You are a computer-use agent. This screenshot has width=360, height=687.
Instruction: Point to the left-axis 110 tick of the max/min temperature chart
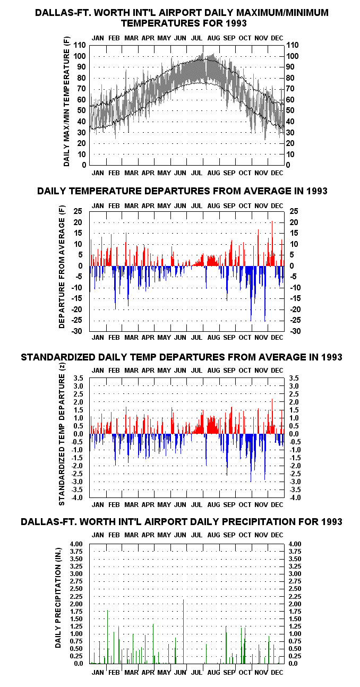[x=80, y=45]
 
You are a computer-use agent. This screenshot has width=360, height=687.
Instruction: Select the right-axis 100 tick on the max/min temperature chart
[x=293, y=56]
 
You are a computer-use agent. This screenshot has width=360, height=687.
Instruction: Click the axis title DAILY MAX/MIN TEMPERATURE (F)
[x=66, y=101]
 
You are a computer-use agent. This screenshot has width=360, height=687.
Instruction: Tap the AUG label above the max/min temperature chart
[x=214, y=38]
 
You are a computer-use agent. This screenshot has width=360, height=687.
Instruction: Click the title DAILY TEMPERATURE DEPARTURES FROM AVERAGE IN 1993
[x=182, y=191]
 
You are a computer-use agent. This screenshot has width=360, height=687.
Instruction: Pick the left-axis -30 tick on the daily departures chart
[x=77, y=331]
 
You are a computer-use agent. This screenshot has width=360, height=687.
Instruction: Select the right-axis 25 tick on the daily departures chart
[x=294, y=211]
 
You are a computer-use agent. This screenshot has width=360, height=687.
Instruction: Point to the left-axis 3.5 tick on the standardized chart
[x=78, y=378]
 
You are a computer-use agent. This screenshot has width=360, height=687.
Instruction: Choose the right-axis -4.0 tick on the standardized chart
[x=295, y=498]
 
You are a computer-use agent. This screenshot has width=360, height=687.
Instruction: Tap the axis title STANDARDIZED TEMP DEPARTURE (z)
[x=62, y=434]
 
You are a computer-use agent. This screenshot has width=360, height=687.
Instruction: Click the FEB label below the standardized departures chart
[x=114, y=505]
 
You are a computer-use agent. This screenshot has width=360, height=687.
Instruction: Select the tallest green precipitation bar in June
[x=183, y=631]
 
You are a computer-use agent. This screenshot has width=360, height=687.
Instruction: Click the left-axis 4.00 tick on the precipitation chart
[x=76, y=544]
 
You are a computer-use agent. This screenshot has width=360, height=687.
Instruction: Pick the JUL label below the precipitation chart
[x=196, y=673]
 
